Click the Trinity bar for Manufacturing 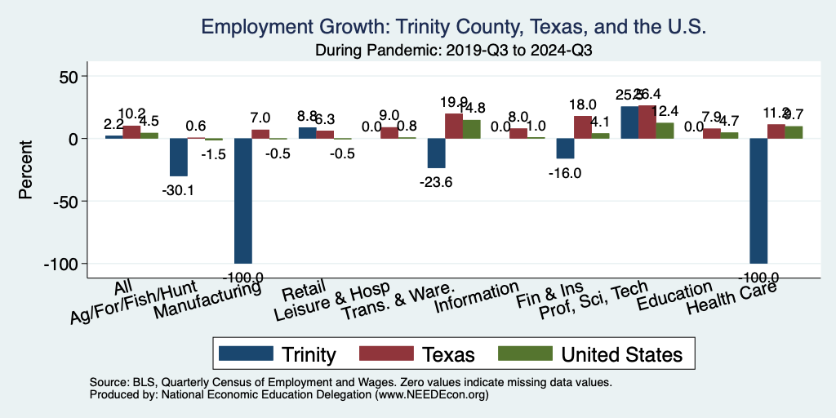(x=242, y=201)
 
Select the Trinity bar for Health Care (x=758, y=201)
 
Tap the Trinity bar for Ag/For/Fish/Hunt (x=178, y=158)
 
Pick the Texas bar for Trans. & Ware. (x=453, y=127)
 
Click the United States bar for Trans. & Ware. (x=471, y=129)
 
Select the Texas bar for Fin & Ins (x=582, y=127)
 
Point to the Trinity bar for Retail (x=307, y=133)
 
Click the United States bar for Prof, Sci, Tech (x=665, y=131)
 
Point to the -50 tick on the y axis (x=63, y=201)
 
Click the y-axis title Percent (x=26, y=170)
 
